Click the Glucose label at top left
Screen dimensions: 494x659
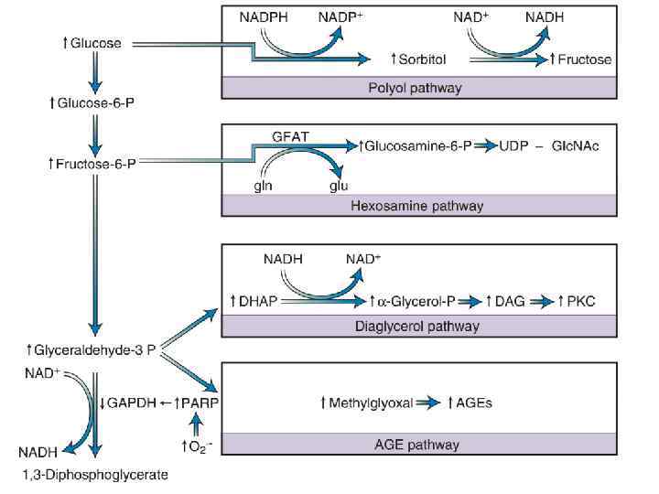click(x=90, y=43)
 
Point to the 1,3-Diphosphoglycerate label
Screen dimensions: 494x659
click(x=95, y=474)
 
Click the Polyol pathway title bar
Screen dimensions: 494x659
click(x=415, y=89)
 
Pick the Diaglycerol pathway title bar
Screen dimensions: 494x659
click(x=416, y=326)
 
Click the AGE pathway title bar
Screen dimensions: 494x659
click(x=416, y=446)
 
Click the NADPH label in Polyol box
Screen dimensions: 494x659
click(x=263, y=16)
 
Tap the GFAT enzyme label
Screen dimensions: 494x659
click(x=290, y=136)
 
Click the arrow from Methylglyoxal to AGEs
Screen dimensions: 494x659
click(x=426, y=403)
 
